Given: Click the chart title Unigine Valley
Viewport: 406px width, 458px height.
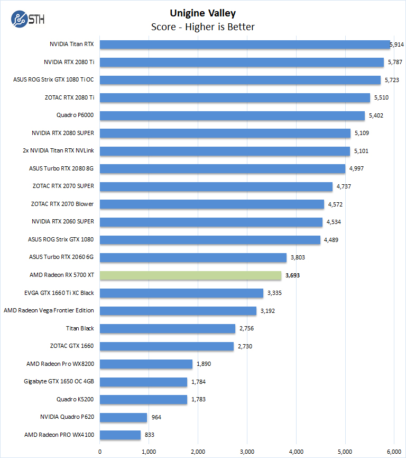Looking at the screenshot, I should (x=203, y=13).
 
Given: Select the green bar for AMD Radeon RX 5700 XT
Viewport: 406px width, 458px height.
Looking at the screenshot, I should (x=190, y=275).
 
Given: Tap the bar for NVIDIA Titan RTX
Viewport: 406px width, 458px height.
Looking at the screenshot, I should (x=244, y=44).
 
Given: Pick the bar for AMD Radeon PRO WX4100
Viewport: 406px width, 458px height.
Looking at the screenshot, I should (x=120, y=435).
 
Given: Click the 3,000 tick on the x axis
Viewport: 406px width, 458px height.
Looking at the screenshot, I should (x=247, y=451).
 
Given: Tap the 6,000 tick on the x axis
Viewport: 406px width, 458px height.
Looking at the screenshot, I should (x=394, y=451).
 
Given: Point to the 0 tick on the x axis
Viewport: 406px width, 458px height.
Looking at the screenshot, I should (x=100, y=451).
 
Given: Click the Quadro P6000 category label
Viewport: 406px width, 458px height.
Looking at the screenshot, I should (x=75, y=115).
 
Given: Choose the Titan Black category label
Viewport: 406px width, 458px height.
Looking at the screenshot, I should (x=80, y=328).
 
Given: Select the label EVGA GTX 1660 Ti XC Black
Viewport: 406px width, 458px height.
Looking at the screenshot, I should (x=59, y=293).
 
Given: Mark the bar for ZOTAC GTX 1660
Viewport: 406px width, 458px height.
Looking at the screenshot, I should (x=167, y=346).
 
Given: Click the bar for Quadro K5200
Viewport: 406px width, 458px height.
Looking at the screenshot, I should (x=143, y=399).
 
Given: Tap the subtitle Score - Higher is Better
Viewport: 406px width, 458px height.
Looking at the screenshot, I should (x=203, y=26).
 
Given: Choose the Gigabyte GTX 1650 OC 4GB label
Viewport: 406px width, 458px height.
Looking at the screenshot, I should (x=59, y=381).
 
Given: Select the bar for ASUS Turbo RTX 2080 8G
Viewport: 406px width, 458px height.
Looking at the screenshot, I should (x=222, y=168).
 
